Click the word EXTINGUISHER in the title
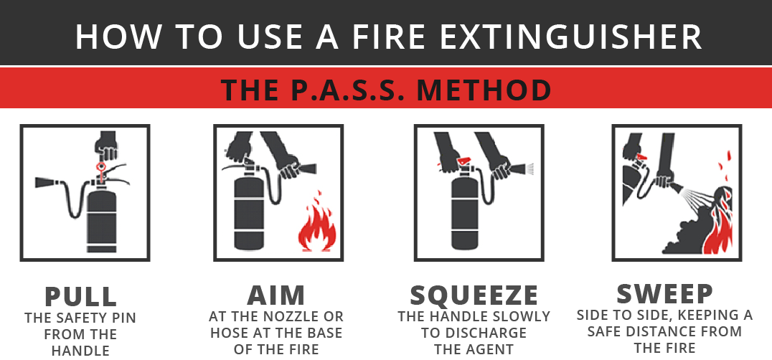pyautogui.click(x=570, y=37)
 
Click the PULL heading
pyautogui.click(x=81, y=296)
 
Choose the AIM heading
pyautogui.click(x=276, y=295)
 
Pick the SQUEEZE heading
pyautogui.click(x=474, y=295)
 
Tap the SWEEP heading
pyautogui.click(x=664, y=293)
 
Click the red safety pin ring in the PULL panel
pyautogui.click(x=101, y=167)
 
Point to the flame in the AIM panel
pyautogui.click(x=317, y=222)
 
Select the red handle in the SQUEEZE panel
pyautogui.click(x=463, y=161)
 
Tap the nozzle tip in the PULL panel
pyautogui.click(x=37, y=182)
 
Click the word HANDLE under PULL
pyautogui.click(x=80, y=351)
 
